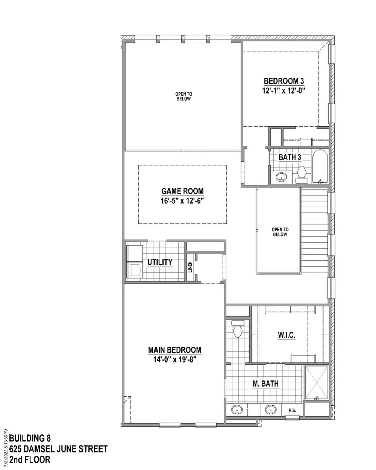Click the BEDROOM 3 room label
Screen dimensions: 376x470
click(x=284, y=81)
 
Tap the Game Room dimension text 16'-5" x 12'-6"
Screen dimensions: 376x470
click(x=182, y=200)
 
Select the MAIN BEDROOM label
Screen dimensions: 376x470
click(x=174, y=350)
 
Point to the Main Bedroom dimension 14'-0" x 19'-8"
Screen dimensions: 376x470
click(x=174, y=359)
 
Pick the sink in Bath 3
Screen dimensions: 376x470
click(x=281, y=177)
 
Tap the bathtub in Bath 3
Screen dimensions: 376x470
click(x=320, y=167)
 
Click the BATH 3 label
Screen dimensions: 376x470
click(x=290, y=157)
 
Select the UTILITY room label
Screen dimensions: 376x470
click(x=160, y=262)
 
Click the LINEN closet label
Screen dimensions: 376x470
click(x=190, y=267)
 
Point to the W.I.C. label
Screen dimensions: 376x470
click(x=287, y=335)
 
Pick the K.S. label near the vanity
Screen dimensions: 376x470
click(x=292, y=410)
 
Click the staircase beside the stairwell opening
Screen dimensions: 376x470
click(x=314, y=231)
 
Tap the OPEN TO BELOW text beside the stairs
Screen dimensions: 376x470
click(x=280, y=232)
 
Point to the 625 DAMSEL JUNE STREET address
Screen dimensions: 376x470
click(x=58, y=449)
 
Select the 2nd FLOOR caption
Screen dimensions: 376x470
click(x=30, y=459)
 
